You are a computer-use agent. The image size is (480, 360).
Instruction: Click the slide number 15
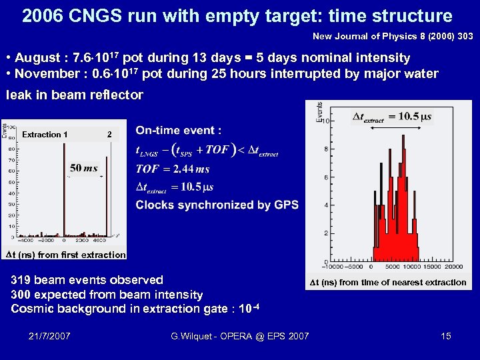pyautogui.click(x=445, y=336)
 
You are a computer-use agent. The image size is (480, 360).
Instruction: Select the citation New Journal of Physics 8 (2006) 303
pyautogui.click(x=392, y=35)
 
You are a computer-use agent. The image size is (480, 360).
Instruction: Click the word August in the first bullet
pyautogui.click(x=38, y=58)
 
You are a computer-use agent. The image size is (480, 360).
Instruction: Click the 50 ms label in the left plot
pyautogui.click(x=83, y=168)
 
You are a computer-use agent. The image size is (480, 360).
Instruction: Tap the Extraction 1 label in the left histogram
pyautogui.click(x=45, y=135)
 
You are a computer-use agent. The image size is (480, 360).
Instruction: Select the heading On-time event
pyautogui.click(x=178, y=131)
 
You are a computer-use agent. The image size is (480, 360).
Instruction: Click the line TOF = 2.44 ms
pyautogui.click(x=172, y=169)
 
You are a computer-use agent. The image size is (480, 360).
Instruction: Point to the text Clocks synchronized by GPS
pyautogui.click(x=217, y=205)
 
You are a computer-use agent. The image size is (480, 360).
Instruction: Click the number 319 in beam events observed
pyautogui.click(x=21, y=280)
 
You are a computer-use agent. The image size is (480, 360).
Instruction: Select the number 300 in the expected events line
pyautogui.click(x=21, y=294)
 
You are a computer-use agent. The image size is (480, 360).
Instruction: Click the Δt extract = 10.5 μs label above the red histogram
pyautogui.click(x=392, y=117)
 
